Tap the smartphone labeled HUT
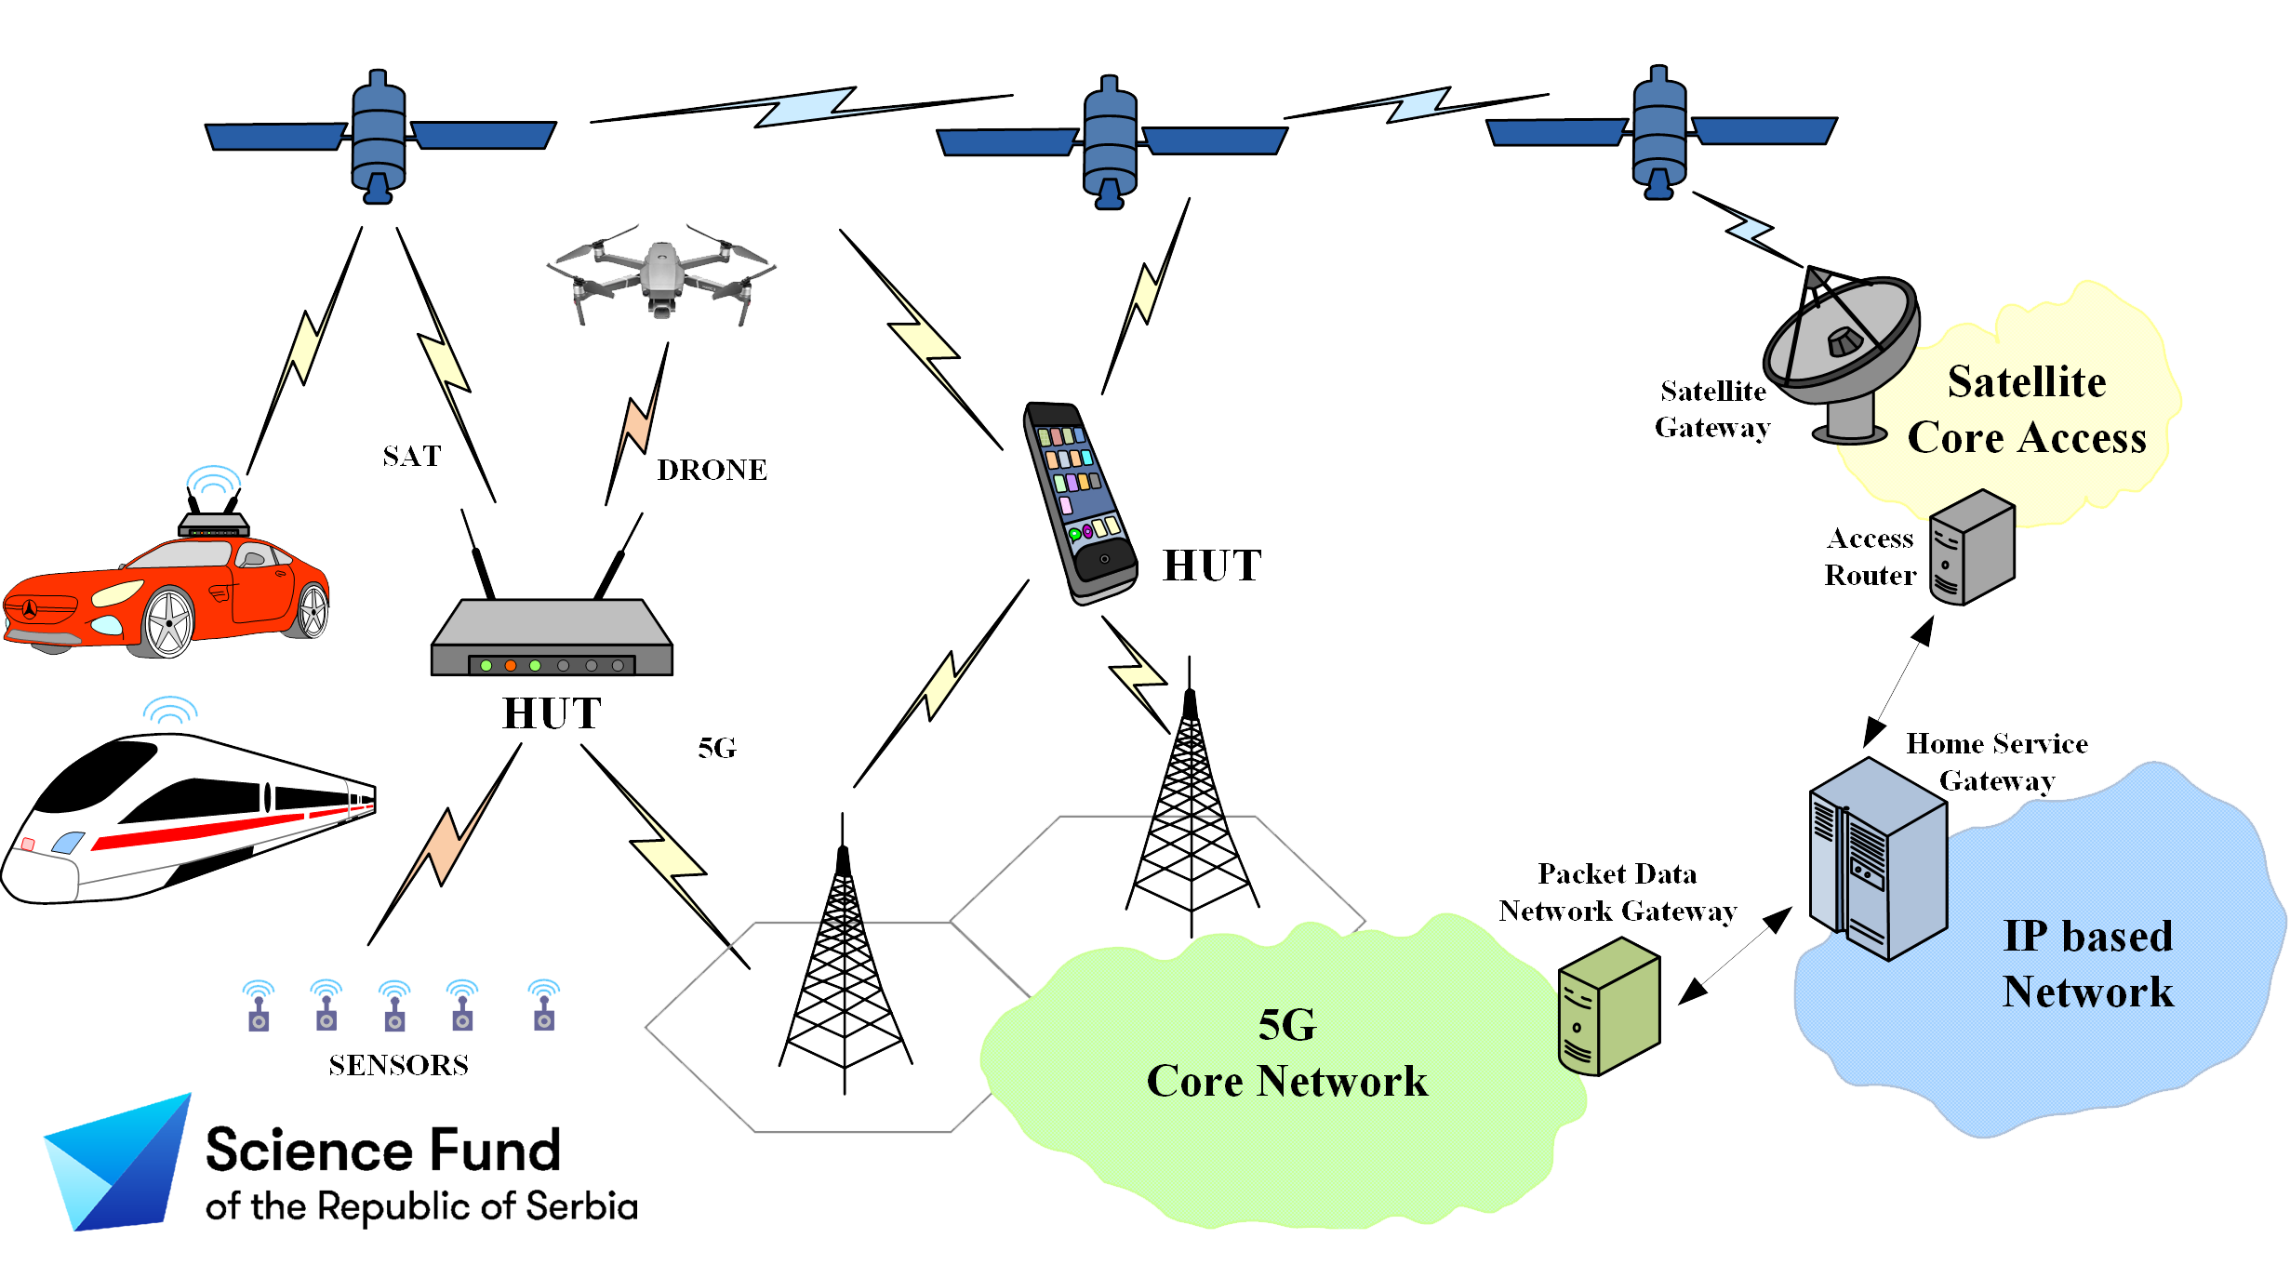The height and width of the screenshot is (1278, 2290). [1080, 502]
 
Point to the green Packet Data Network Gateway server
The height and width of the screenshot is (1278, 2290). [1608, 1005]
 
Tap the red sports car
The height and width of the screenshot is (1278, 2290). [167, 595]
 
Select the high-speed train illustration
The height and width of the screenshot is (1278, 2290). [186, 819]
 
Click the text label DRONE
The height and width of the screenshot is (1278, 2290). [712, 470]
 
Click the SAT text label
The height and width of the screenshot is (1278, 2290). [412, 456]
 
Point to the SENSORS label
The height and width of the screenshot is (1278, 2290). [398, 1065]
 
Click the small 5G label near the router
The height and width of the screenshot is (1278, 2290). [717, 748]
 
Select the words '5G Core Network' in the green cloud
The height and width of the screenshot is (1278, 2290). [1287, 1053]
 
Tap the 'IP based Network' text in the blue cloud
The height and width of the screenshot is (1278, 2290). [2088, 964]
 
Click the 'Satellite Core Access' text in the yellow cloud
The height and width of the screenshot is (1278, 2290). [2027, 409]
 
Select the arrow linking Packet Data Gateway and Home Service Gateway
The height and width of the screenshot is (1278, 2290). [1735, 956]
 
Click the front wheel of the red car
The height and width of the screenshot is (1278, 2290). [168, 622]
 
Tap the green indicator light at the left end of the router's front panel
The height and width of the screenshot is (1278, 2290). [486, 665]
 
